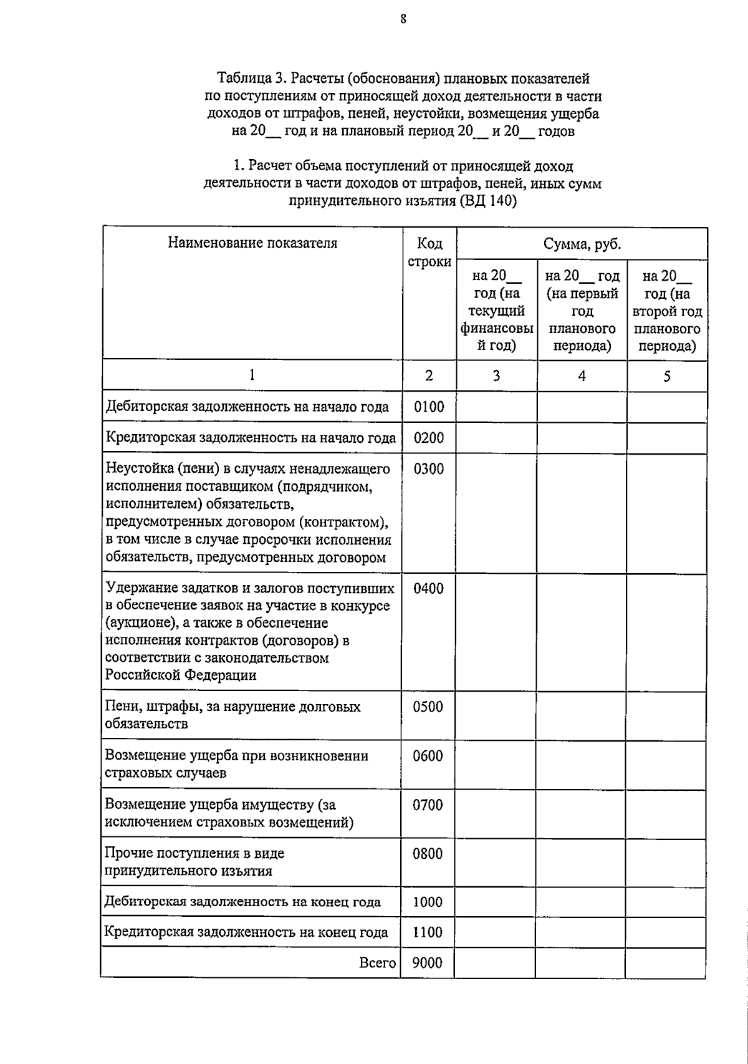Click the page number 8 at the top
click(x=403, y=19)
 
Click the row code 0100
click(x=429, y=407)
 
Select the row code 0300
click(x=429, y=469)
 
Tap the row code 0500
click(x=428, y=707)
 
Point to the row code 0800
click(x=428, y=854)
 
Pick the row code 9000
click(x=427, y=963)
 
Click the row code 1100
click(x=428, y=932)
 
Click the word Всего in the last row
click(x=378, y=963)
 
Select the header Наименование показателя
click(x=252, y=243)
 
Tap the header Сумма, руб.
click(x=582, y=244)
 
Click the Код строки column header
click(x=429, y=253)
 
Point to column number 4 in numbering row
click(x=582, y=375)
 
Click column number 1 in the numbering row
click(x=252, y=375)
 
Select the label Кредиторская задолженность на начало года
click(x=251, y=438)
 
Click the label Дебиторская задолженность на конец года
click(x=242, y=902)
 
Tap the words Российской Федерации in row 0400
click(x=181, y=675)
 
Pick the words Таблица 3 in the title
click(x=248, y=79)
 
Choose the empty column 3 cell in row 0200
click(x=497, y=438)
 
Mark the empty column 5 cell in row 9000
click(x=665, y=963)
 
